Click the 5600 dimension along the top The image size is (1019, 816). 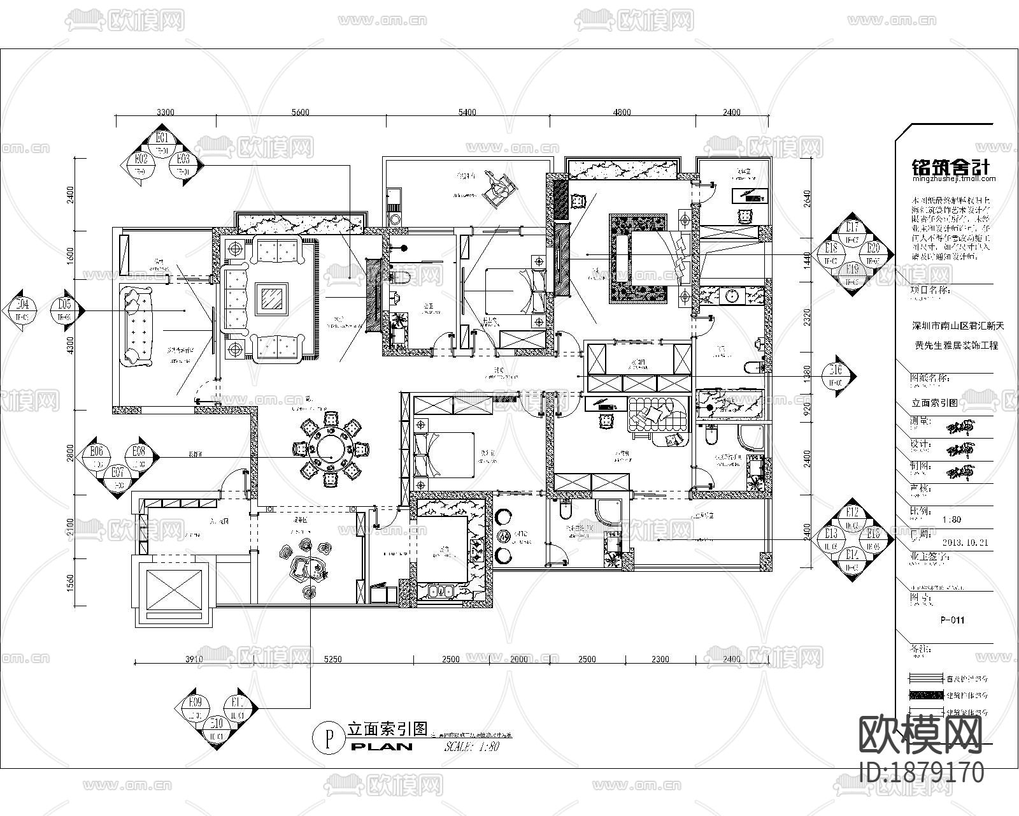(x=300, y=112)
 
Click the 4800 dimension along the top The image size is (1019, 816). (x=622, y=112)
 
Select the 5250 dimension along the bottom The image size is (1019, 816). (x=332, y=659)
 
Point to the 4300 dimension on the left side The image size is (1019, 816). (x=71, y=345)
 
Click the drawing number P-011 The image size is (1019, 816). (x=952, y=620)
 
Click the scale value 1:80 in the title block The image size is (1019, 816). (x=951, y=520)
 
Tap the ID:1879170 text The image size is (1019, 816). (x=922, y=773)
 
